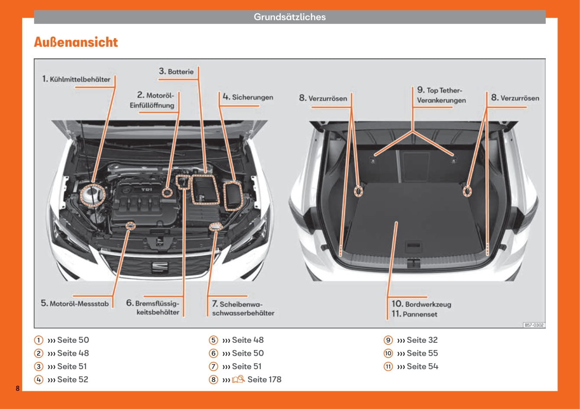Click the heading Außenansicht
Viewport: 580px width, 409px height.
(x=76, y=42)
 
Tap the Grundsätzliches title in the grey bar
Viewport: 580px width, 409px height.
(x=289, y=17)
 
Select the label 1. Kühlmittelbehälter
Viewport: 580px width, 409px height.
(x=76, y=79)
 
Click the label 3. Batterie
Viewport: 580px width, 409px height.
(x=176, y=71)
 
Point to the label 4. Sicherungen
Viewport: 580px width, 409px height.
(x=248, y=97)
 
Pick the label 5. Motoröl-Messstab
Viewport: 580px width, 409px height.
(x=75, y=303)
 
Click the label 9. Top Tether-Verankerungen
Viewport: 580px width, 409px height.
(x=441, y=95)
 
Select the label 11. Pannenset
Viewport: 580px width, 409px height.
(x=414, y=314)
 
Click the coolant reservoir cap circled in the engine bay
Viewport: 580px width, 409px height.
(x=93, y=195)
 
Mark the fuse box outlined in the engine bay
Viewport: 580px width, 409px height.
(x=233, y=196)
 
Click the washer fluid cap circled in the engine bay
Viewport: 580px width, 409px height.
(x=215, y=226)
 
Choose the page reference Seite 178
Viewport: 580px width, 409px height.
(x=264, y=380)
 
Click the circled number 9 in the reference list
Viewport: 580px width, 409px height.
(x=388, y=340)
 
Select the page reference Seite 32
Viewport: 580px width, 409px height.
(x=422, y=340)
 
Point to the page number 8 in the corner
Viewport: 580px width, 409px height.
(x=17, y=388)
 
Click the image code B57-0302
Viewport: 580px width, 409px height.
(x=534, y=325)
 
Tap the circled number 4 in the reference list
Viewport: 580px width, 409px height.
(x=39, y=380)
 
